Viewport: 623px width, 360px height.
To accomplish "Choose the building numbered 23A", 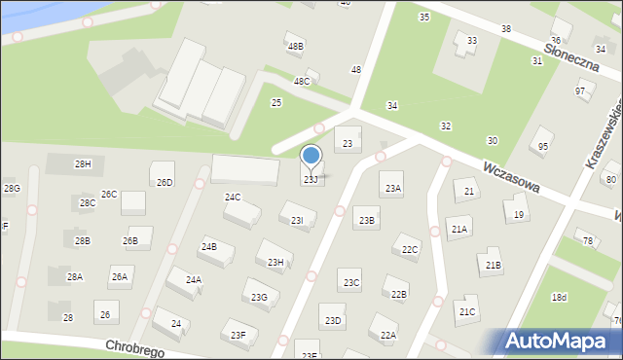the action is point(392,188).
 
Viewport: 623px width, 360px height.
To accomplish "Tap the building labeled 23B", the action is point(366,220).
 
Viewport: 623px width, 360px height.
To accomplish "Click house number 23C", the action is point(350,282).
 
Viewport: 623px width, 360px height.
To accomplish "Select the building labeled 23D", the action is point(334,320).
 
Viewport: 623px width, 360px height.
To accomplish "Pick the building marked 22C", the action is point(410,250).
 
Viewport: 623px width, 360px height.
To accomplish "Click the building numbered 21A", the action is point(458,229).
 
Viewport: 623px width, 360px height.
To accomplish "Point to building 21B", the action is point(493,264).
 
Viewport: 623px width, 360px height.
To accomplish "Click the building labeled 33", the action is point(471,40).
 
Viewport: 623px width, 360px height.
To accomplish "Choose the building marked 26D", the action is point(165,181).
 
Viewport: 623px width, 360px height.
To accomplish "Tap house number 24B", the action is point(209,247).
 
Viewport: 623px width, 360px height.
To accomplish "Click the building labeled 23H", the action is point(275,262).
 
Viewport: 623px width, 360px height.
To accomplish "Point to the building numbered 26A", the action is point(120,277).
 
